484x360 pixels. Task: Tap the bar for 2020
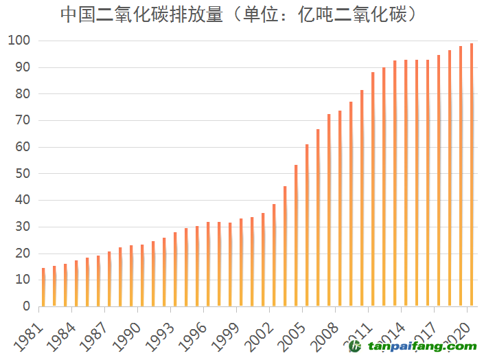(472, 175)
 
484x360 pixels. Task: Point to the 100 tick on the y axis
(19, 41)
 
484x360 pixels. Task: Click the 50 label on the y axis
(23, 174)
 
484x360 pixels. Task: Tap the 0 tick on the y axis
(26, 306)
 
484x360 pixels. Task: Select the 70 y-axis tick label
(23, 120)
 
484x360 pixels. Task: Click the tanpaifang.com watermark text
(419, 347)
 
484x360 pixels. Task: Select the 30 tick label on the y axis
(23, 227)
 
